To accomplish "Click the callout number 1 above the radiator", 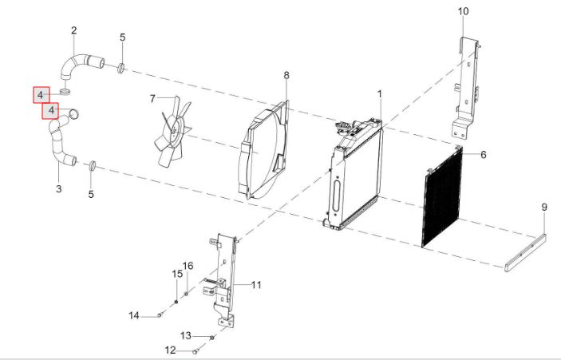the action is click(x=380, y=94).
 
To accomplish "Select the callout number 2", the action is click(x=73, y=30).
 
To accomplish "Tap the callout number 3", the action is click(x=59, y=188).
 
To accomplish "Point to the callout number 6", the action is click(x=484, y=155).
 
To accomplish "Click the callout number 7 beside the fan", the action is click(x=152, y=98).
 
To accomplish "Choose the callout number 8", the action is click(x=286, y=76).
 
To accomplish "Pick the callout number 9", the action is click(x=544, y=208).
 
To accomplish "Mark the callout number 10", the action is click(x=463, y=11).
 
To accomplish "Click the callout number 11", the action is click(x=256, y=285).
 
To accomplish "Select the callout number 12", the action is click(x=171, y=350).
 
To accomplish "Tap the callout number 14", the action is click(x=134, y=315).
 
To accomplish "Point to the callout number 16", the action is click(x=188, y=266).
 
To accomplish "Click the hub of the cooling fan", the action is click(x=174, y=129).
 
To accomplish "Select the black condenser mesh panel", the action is click(x=442, y=197).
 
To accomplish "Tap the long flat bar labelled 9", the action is click(x=525, y=253).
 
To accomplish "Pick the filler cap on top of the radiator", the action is click(x=341, y=126).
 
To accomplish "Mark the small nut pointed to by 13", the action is click(x=211, y=337).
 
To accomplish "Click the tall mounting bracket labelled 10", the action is click(x=466, y=88).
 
